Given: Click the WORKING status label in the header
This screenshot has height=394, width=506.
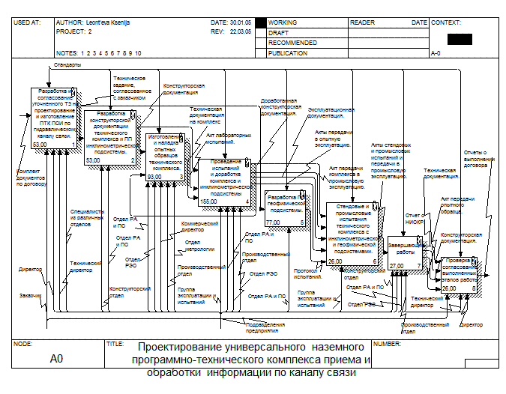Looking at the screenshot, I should [283, 23].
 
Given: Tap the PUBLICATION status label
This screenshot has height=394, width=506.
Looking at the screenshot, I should [288, 53].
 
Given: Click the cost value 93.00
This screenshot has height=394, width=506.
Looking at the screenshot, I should [154, 177].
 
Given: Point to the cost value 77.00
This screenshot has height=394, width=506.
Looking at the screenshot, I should [273, 222].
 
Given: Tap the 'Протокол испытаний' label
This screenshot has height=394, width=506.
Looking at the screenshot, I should [307, 273].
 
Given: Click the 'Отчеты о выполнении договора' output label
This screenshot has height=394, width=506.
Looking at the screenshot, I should [495, 160].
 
